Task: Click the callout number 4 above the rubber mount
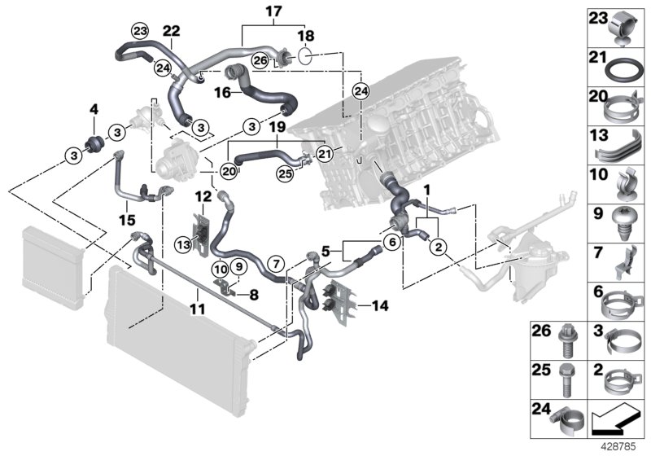click(x=94, y=108)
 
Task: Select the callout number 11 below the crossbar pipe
click(x=198, y=308)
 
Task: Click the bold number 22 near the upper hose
click(x=171, y=30)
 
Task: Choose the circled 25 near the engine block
click(x=283, y=173)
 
